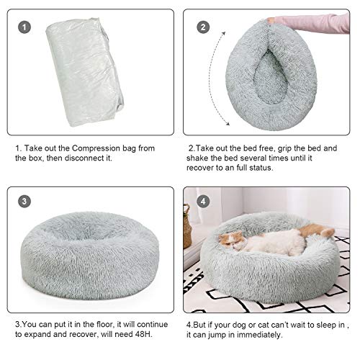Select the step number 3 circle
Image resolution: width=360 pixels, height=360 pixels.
pyautogui.click(x=27, y=202)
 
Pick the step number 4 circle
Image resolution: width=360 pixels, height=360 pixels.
pyautogui.click(x=204, y=202)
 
